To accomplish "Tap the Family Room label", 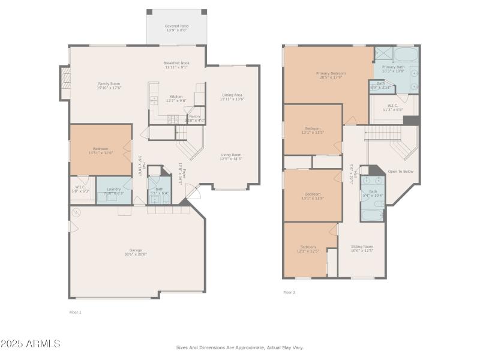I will click(x=109, y=86).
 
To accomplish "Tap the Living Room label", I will click(x=230, y=157).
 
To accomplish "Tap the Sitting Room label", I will click(x=362, y=248).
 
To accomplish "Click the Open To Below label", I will click(x=400, y=171).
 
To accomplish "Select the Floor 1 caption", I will click(x=75, y=312).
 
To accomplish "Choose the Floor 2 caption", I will click(x=289, y=292).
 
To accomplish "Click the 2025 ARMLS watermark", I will click(x=31, y=344).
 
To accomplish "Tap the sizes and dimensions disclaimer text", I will click(x=239, y=347).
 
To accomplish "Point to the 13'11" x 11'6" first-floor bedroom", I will click(x=101, y=151).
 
